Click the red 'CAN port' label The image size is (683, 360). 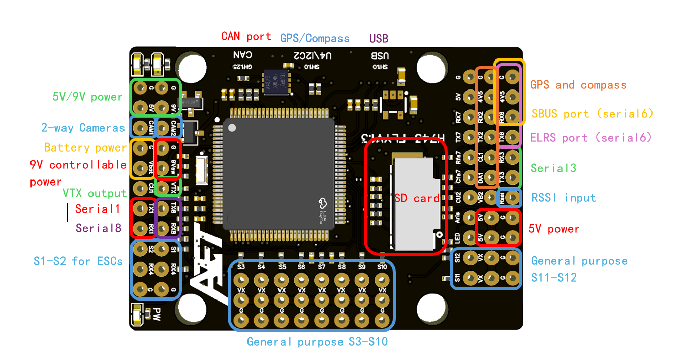click(246, 36)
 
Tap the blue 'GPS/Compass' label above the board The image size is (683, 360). click(315, 38)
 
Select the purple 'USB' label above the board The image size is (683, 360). click(379, 38)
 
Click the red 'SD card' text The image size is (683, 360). click(417, 198)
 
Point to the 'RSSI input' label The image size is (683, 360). click(563, 198)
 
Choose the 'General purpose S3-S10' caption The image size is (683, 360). click(317, 342)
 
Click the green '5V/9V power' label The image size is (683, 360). click(87, 97)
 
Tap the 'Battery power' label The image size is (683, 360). click(85, 147)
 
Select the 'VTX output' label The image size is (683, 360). click(94, 193)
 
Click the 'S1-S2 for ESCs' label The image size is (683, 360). click(78, 261)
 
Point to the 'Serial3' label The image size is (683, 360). click(553, 168)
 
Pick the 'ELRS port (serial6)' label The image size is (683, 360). click(591, 137)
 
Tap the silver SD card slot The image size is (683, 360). click(414, 203)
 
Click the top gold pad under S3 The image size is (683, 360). click(241, 280)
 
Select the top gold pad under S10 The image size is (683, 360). click(382, 280)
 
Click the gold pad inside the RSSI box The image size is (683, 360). click(513, 197)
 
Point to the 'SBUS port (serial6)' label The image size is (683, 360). click(592, 114)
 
